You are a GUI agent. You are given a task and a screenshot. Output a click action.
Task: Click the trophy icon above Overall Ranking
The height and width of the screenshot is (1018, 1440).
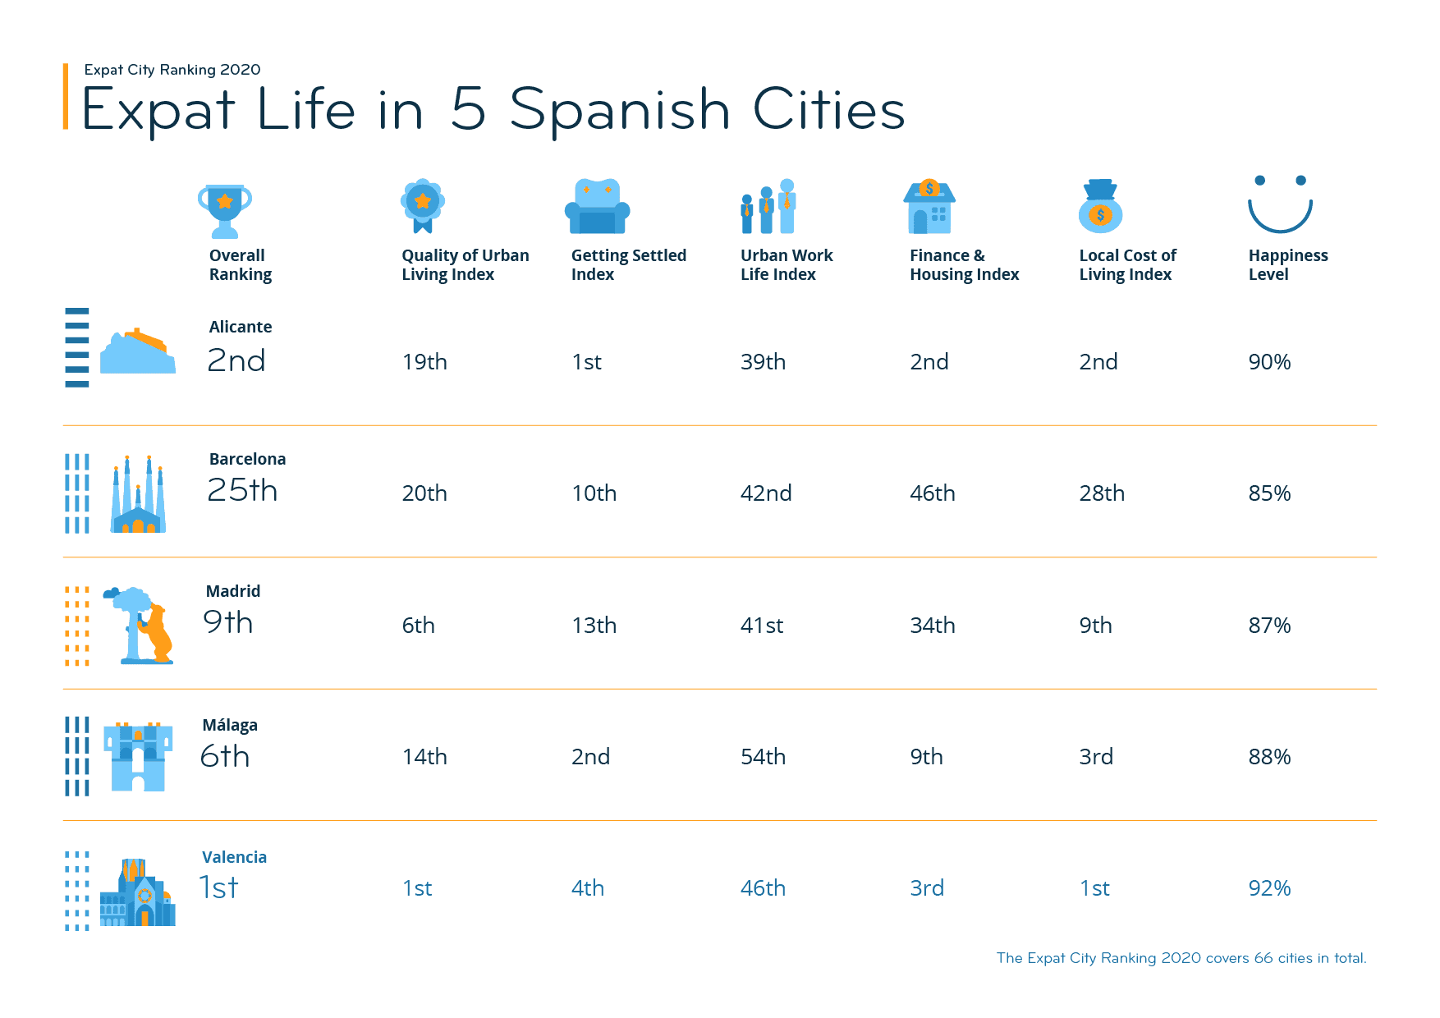[x=224, y=209]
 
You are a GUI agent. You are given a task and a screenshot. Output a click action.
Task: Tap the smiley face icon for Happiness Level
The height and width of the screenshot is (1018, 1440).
[x=1280, y=204]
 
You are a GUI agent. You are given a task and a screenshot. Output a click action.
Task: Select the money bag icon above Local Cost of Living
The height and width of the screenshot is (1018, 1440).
[x=1100, y=206]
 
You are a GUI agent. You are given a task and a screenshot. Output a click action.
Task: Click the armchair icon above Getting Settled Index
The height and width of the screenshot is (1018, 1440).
[x=597, y=207]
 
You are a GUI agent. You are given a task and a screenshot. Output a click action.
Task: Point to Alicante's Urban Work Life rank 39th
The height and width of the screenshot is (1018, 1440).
[x=763, y=362]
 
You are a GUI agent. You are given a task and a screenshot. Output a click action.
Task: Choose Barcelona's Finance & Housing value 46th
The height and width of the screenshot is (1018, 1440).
[x=932, y=493]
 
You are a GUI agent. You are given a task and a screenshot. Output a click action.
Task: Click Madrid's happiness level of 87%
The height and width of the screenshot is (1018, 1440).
[x=1269, y=626]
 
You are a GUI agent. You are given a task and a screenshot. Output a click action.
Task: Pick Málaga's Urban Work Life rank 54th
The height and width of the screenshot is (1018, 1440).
[x=763, y=757]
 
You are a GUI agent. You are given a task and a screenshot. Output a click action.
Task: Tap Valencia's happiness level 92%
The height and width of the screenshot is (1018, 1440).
[x=1269, y=888]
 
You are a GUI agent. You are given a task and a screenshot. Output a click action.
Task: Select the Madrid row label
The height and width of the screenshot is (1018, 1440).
[x=233, y=591]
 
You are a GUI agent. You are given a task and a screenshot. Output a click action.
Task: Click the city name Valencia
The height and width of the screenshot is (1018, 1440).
[x=234, y=857]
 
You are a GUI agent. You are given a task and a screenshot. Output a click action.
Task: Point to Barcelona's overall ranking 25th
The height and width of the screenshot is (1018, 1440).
[x=242, y=490]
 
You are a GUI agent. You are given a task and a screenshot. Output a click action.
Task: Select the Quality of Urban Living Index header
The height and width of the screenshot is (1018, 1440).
[x=465, y=265]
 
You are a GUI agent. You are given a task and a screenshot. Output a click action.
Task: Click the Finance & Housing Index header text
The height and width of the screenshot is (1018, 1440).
[x=964, y=265]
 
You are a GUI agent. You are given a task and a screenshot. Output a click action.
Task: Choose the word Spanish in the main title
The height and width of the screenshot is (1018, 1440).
[x=620, y=111]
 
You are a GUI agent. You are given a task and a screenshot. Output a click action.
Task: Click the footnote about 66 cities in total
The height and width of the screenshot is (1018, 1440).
[x=1181, y=958]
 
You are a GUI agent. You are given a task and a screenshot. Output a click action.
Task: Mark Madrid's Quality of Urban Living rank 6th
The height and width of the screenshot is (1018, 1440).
[x=418, y=626]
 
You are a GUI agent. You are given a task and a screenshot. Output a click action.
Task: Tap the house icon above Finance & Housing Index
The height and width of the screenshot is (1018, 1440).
[x=929, y=207]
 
